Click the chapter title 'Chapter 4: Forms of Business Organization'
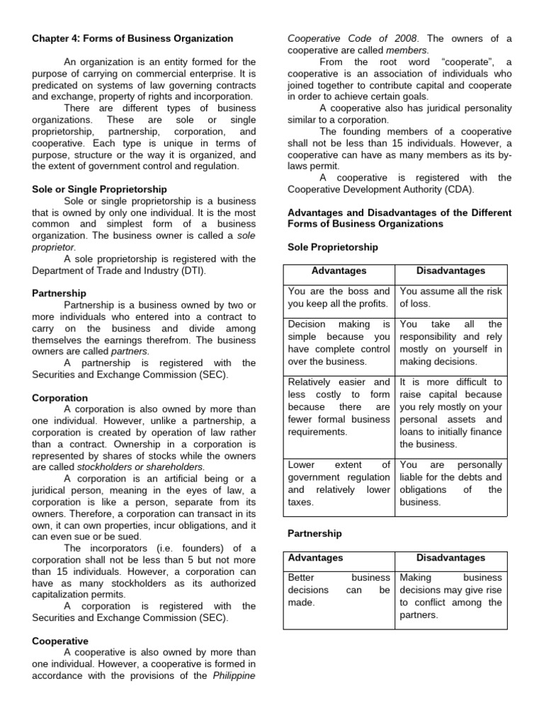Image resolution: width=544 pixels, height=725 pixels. (132, 38)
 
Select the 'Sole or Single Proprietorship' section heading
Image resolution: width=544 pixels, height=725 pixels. (100, 190)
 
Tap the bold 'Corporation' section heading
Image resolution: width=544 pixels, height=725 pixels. (60, 399)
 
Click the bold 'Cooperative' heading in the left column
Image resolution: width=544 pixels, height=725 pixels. (60, 641)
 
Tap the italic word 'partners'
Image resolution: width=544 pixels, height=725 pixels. (130, 351)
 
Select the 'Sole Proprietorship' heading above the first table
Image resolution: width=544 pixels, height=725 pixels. (333, 247)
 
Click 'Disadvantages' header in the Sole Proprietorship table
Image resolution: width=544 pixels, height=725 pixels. (451, 271)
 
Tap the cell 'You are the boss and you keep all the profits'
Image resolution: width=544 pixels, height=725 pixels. (339, 297)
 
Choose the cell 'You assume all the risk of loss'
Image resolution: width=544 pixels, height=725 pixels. (451, 297)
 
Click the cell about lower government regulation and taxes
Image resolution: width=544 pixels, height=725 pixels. (339, 484)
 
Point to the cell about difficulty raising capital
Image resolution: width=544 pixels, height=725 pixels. (451, 413)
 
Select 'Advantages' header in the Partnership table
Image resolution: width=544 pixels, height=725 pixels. (315, 558)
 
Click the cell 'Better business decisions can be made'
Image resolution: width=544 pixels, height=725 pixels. (339, 590)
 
